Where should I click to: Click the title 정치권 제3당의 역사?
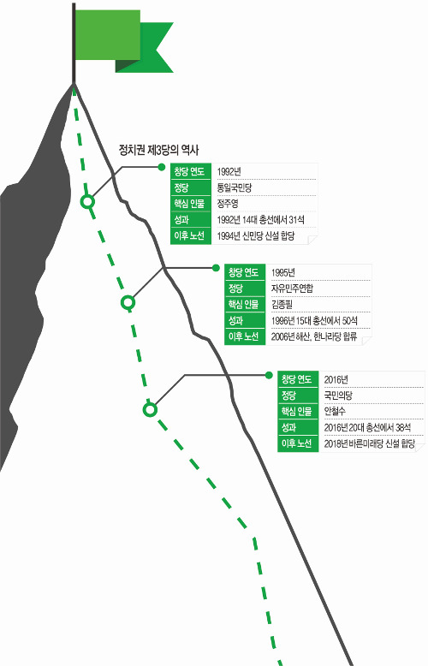(159, 150)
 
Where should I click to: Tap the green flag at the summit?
(123, 41)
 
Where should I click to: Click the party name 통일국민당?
(235, 187)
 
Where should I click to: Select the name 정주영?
(228, 204)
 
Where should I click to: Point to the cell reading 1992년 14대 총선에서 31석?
(261, 220)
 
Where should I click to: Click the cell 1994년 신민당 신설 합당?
(256, 235)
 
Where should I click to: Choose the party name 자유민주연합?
(292, 288)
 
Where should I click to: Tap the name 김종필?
(282, 305)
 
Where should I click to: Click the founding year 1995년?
(283, 272)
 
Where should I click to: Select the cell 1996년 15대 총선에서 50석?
(314, 321)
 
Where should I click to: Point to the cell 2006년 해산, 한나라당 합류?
(314, 336)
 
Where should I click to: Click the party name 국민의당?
(338, 395)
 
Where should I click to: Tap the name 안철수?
(335, 411)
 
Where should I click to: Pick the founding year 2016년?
(336, 379)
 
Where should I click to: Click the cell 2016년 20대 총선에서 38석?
(367, 427)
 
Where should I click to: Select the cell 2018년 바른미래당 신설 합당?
(370, 443)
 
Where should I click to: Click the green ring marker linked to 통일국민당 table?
(87, 201)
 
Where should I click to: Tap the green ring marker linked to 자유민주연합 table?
(128, 302)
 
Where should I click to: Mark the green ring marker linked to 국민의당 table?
(150, 410)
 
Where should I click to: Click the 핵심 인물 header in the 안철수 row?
(297, 411)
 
